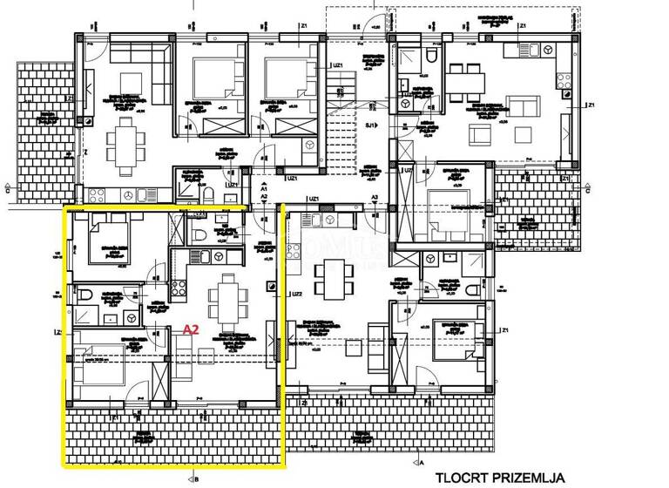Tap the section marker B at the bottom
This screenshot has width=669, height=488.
197,478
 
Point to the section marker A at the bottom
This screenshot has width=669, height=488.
422,464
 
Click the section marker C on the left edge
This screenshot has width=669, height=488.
9,186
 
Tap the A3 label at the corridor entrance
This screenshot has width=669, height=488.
374,198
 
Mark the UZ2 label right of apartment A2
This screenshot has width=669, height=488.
296,294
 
